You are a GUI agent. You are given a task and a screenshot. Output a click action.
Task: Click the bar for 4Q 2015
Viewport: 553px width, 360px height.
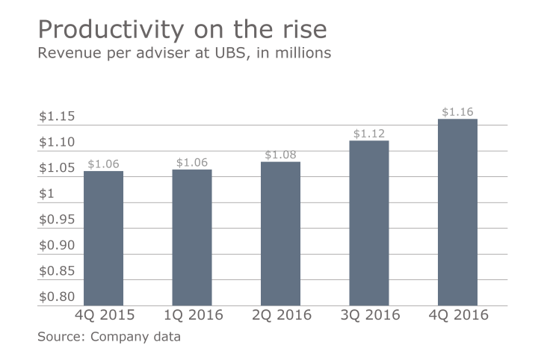[x=103, y=238]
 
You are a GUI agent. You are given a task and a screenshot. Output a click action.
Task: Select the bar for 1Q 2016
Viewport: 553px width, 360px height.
[x=192, y=238]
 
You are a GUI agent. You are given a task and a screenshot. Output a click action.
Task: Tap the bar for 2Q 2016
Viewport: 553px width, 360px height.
[x=280, y=234]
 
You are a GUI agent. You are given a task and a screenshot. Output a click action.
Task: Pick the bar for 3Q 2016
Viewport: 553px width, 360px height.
[x=369, y=223]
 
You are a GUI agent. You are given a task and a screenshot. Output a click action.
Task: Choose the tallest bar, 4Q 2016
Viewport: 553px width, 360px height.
[x=457, y=212]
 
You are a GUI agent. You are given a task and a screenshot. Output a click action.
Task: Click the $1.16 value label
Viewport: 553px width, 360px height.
[x=457, y=112]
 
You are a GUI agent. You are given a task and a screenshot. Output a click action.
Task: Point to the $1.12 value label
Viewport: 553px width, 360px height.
[x=369, y=134]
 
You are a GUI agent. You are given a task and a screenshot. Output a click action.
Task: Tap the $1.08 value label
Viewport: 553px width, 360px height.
[x=280, y=155]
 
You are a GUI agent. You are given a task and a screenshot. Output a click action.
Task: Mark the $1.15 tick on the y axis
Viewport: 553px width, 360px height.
[x=57, y=117]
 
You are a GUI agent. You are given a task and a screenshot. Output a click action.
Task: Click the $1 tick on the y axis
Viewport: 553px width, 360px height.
[x=46, y=194]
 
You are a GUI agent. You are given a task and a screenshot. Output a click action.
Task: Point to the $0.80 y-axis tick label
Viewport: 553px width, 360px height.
[x=57, y=297]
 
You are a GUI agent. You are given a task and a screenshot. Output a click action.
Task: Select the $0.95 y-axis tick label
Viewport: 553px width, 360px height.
[x=57, y=220]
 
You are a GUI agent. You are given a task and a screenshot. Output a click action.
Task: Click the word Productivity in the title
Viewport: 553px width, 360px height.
[x=100, y=31]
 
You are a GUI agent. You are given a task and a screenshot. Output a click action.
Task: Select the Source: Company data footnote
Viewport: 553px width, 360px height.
[x=109, y=337]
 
